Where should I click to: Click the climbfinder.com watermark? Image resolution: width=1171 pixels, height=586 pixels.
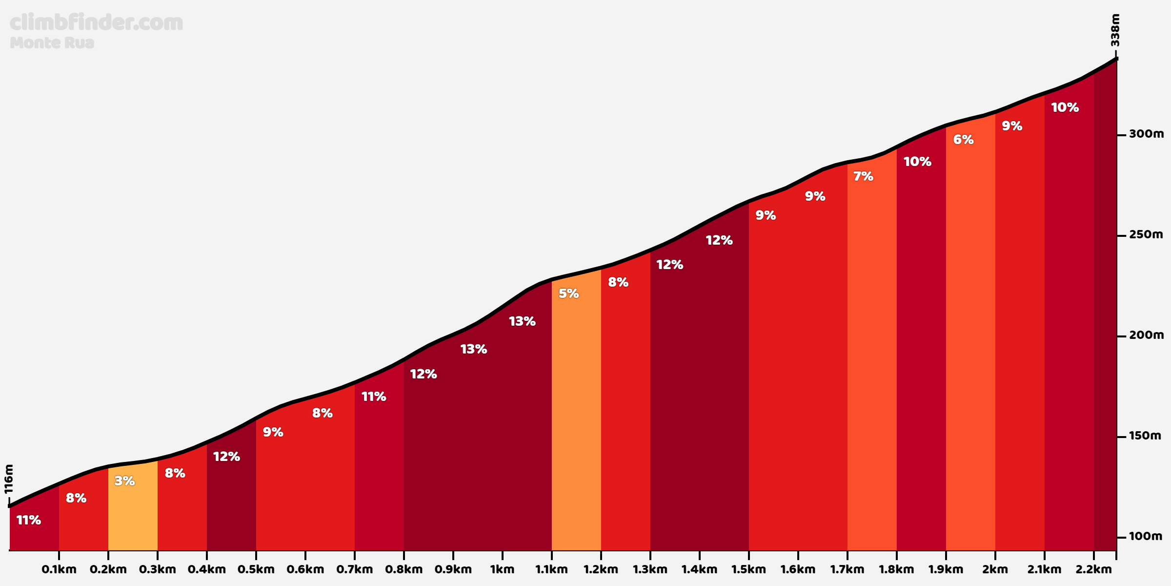click(x=97, y=22)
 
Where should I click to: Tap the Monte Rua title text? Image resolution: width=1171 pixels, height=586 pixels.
click(x=52, y=43)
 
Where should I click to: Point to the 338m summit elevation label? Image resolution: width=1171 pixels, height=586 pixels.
click(x=1115, y=30)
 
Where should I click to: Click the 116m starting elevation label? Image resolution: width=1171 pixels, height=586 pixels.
click(x=9, y=479)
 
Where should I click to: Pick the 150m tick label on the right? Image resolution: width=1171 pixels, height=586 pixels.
click(x=1145, y=436)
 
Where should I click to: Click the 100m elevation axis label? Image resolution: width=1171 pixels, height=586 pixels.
click(x=1146, y=536)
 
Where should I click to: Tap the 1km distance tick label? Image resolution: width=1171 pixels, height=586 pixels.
click(x=503, y=569)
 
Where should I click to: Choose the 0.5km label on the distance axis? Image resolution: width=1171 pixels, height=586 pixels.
click(x=256, y=569)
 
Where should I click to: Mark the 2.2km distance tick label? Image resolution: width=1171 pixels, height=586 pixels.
click(x=1094, y=569)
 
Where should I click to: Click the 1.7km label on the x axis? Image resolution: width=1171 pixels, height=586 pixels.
click(x=848, y=569)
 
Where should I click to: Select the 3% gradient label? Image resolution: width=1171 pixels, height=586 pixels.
click(x=124, y=481)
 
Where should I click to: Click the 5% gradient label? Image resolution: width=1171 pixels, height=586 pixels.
click(x=568, y=293)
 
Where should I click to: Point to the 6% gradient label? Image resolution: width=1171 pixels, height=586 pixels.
click(x=963, y=140)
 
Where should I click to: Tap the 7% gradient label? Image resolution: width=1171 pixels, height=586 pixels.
click(x=863, y=176)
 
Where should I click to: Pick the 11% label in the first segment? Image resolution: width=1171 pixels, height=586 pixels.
click(x=29, y=520)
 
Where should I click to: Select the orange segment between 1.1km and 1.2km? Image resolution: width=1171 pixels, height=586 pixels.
click(x=576, y=415)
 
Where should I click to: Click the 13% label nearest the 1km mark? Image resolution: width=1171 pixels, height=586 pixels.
click(x=522, y=321)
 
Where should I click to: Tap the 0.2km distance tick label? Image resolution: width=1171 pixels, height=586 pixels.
click(x=108, y=569)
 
